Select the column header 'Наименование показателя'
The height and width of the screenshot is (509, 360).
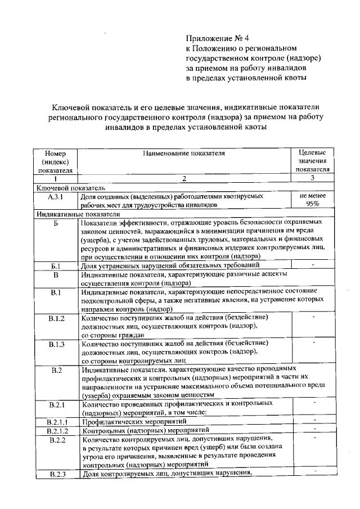[x=184, y=152]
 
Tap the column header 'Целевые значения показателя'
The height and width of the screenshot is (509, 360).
[x=313, y=161]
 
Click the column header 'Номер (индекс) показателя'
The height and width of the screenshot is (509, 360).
[x=56, y=161]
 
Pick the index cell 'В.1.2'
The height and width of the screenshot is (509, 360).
[x=56, y=318]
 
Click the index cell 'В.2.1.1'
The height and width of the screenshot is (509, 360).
[x=56, y=421]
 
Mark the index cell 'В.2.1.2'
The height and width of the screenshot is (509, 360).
[x=56, y=430]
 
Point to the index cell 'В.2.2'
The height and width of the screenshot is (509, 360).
[x=56, y=439]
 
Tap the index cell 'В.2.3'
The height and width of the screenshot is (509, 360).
[x=56, y=474]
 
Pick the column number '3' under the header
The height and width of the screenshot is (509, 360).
[x=313, y=178]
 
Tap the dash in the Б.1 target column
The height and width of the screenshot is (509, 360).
[x=313, y=263]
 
